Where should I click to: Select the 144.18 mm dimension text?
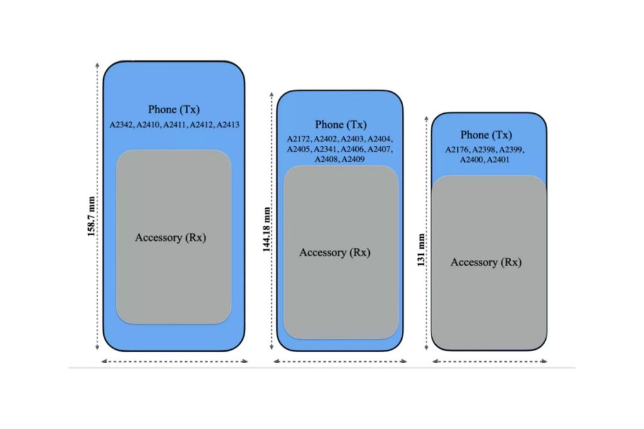pyautogui.click(x=267, y=229)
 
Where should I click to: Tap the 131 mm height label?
pyautogui.click(x=421, y=250)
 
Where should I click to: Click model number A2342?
pyautogui.click(x=122, y=125)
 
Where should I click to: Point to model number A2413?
pyautogui.click(x=228, y=125)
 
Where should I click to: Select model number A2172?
pyautogui.click(x=299, y=139)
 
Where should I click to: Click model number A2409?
pyautogui.click(x=353, y=160)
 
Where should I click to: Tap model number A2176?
pyautogui.click(x=458, y=150)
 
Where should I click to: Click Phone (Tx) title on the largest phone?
pyautogui.click(x=174, y=109)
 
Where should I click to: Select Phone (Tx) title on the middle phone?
pyautogui.click(x=341, y=125)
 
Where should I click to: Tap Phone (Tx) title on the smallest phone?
pyautogui.click(x=486, y=135)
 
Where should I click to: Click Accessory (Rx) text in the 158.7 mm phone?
pyautogui.click(x=170, y=238)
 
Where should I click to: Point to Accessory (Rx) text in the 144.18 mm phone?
pyautogui.click(x=335, y=252)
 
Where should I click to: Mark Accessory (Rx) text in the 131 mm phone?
pyautogui.click(x=486, y=262)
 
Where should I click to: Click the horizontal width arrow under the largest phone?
pyautogui.click(x=174, y=361)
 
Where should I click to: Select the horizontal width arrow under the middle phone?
pyautogui.click(x=340, y=361)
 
